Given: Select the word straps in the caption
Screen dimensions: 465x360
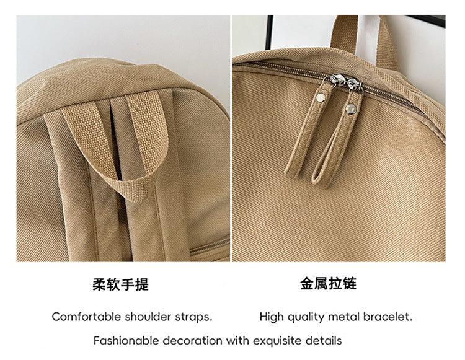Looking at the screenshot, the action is pos(193,317).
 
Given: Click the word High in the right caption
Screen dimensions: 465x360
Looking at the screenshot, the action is pos(272,317).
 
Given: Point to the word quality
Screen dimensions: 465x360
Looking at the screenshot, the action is pos(306,317).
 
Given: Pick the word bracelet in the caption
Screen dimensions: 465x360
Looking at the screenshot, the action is pos(387,317).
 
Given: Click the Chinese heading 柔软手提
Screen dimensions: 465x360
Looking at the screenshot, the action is pos(120,284).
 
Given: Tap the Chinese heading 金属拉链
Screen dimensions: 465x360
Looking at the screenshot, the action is pos(328,283).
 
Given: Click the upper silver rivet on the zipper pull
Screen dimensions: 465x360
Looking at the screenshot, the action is pos(321,97).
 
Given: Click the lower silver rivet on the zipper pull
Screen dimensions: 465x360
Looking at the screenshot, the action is pos(352,108).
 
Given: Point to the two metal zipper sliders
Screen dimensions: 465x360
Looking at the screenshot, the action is pos(343,82).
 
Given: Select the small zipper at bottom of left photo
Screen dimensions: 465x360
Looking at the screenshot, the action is pos(210,246).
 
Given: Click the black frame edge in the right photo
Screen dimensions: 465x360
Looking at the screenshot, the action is pos(269,32).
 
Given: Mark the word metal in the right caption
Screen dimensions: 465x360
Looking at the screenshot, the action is pos(344,317).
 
